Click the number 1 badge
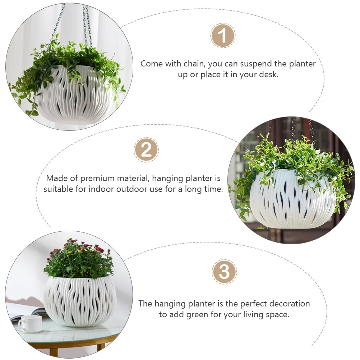pos(223,36)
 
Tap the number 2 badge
pos(146,149)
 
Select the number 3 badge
pos(224,272)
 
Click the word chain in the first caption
pos(192,64)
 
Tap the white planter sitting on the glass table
pos(80,302)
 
